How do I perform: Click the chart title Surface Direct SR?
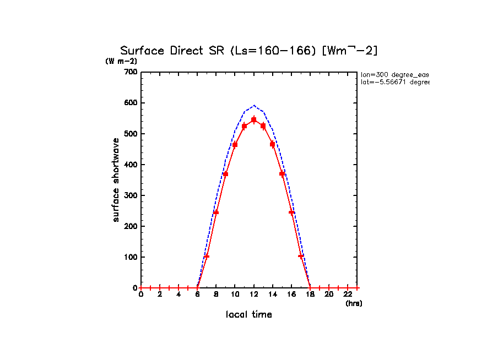coord(249,51)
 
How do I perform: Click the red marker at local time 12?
coord(254,119)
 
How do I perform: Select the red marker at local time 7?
coord(207,256)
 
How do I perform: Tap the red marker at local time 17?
coord(301,256)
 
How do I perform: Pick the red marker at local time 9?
coord(225,174)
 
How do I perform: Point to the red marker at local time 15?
coord(282,174)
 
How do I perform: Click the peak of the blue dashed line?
coord(254,105)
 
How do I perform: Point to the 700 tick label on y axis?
coord(131,72)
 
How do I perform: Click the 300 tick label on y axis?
coord(131,195)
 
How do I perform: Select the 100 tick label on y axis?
coord(131,257)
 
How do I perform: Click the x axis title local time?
coord(249,314)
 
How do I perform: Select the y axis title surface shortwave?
coord(116,180)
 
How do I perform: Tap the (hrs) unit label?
coord(354,303)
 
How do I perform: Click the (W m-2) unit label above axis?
coord(121,61)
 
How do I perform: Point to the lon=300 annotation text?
coord(394,74)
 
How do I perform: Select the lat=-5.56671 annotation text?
coord(394,82)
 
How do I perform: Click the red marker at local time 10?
coord(235,145)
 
